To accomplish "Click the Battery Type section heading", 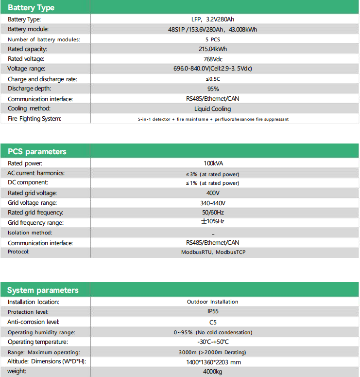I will point(31,8).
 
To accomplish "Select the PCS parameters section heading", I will point(37,151).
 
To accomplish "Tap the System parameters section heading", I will point(43,290).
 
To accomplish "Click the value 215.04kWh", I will point(213,49).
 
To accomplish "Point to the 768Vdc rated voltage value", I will point(213,59).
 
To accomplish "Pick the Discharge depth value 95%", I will point(213,89).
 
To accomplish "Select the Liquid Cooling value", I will point(213,109).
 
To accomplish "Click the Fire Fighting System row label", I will point(34,119).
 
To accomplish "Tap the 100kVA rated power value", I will point(213,163).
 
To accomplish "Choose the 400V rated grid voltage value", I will point(213,193).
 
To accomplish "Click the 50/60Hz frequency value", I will point(213,213).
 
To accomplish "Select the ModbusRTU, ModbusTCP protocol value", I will point(213,252).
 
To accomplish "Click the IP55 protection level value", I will point(213,312).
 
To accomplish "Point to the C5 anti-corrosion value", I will point(213,322).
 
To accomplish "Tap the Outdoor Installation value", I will point(213,302).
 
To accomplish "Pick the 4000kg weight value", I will point(213,372).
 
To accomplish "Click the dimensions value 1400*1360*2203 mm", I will point(213,362).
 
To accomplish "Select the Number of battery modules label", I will point(44,39).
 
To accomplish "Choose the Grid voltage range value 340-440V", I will point(213,203).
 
